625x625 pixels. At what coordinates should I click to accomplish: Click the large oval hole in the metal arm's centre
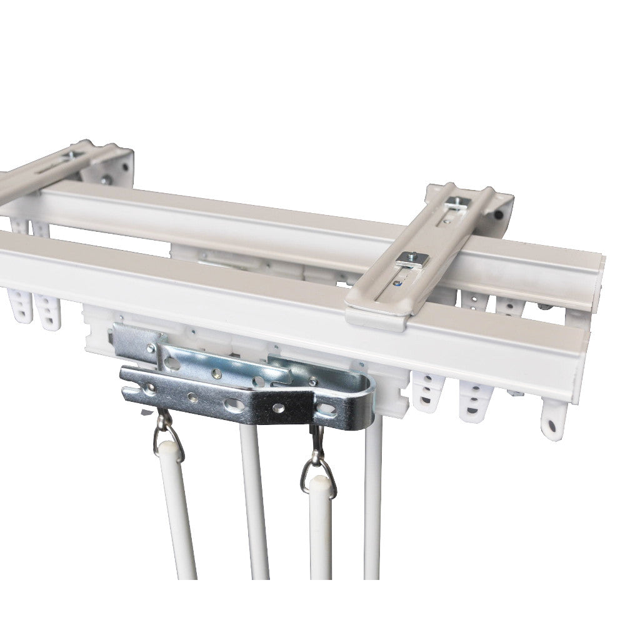point(234,405)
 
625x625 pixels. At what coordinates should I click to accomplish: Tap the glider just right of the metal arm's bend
point(428,391)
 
